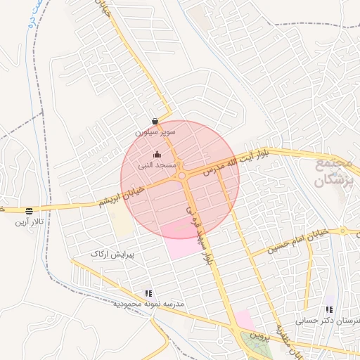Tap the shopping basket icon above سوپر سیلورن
[x=155, y=121]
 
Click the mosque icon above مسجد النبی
[x=156, y=155]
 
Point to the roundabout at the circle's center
[x=181, y=176]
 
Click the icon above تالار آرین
[x=29, y=211]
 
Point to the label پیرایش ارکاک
[x=117, y=251]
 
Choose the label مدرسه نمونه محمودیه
[x=148, y=304]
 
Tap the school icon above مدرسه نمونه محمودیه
[x=148, y=293]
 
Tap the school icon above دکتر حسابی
[x=329, y=309]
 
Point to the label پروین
[x=262, y=337]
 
